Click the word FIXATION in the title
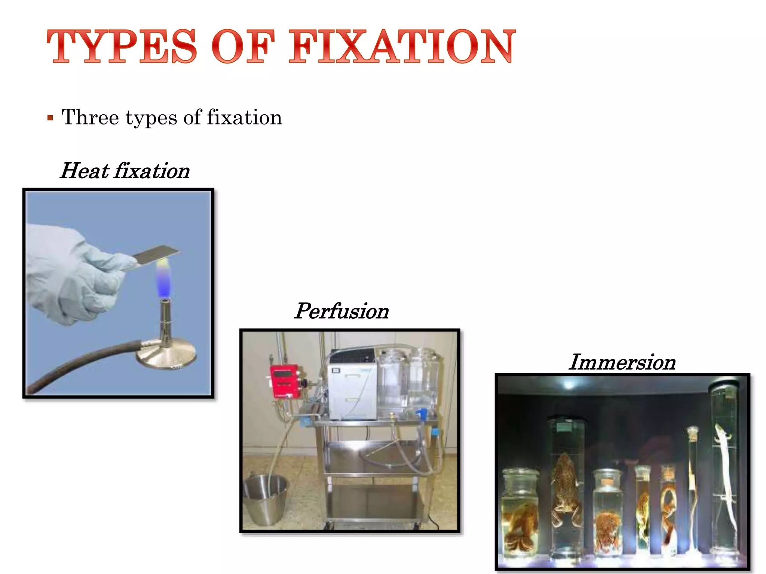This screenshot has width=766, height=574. pyautogui.click(x=402, y=46)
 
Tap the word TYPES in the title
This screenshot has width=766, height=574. pyautogui.click(x=122, y=46)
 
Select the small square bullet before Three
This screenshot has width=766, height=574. pyautogui.click(x=50, y=118)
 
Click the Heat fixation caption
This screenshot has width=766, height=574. pyautogui.click(x=125, y=171)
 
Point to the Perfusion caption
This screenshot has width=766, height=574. pyautogui.click(x=341, y=311)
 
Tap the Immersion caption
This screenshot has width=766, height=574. pyautogui.click(x=622, y=362)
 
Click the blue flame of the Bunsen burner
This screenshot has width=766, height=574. pyautogui.click(x=163, y=282)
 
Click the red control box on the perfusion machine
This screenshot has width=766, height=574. pyautogui.click(x=285, y=381)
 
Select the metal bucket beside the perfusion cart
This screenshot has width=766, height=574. pyautogui.click(x=266, y=499)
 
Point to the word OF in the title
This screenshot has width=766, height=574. pyautogui.click(x=243, y=46)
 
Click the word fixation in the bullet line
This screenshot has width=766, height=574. pyautogui.click(x=245, y=117)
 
